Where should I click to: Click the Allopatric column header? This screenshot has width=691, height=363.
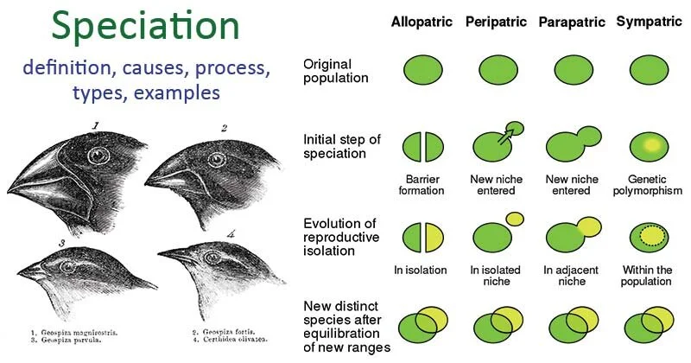[x=422, y=21]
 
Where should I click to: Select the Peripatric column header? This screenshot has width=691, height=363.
[x=497, y=21]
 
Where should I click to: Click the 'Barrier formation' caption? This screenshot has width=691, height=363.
[x=422, y=184]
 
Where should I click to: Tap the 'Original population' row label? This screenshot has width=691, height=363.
[x=336, y=71]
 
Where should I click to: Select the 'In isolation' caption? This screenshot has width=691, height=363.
[x=421, y=270]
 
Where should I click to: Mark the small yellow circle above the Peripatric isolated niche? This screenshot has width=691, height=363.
[x=515, y=219]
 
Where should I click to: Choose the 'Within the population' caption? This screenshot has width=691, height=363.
[x=647, y=276]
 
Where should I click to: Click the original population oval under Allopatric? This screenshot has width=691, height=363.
[x=422, y=70]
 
